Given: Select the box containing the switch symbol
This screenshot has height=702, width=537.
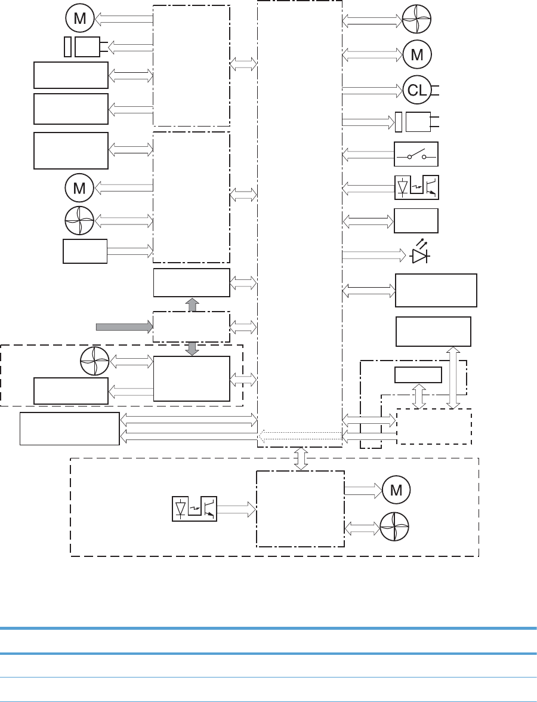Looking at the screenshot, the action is tap(416, 155).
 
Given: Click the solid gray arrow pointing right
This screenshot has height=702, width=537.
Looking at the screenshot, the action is tap(124, 326).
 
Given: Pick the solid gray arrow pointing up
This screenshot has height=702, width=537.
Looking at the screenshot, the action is tap(192, 304).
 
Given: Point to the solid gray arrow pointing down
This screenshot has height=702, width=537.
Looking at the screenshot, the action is tap(192, 349).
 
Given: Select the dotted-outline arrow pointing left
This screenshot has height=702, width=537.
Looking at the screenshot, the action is tap(300, 437).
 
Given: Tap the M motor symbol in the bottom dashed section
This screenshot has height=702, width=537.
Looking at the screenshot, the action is tap(395, 489).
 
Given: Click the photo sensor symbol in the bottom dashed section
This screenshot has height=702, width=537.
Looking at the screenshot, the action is tap(194, 509).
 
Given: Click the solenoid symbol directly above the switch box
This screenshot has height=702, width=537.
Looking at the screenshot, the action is tap(413, 122).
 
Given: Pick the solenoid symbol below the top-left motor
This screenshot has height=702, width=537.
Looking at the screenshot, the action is tap(82, 46).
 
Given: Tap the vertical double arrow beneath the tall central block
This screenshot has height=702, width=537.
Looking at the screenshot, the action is tap(301, 458).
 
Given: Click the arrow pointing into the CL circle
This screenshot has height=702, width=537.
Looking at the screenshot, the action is tap(372, 90).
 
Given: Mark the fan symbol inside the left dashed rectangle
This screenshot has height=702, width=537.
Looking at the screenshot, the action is tap(94, 362).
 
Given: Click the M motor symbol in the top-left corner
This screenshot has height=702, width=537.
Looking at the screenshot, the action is tap(79, 19).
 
